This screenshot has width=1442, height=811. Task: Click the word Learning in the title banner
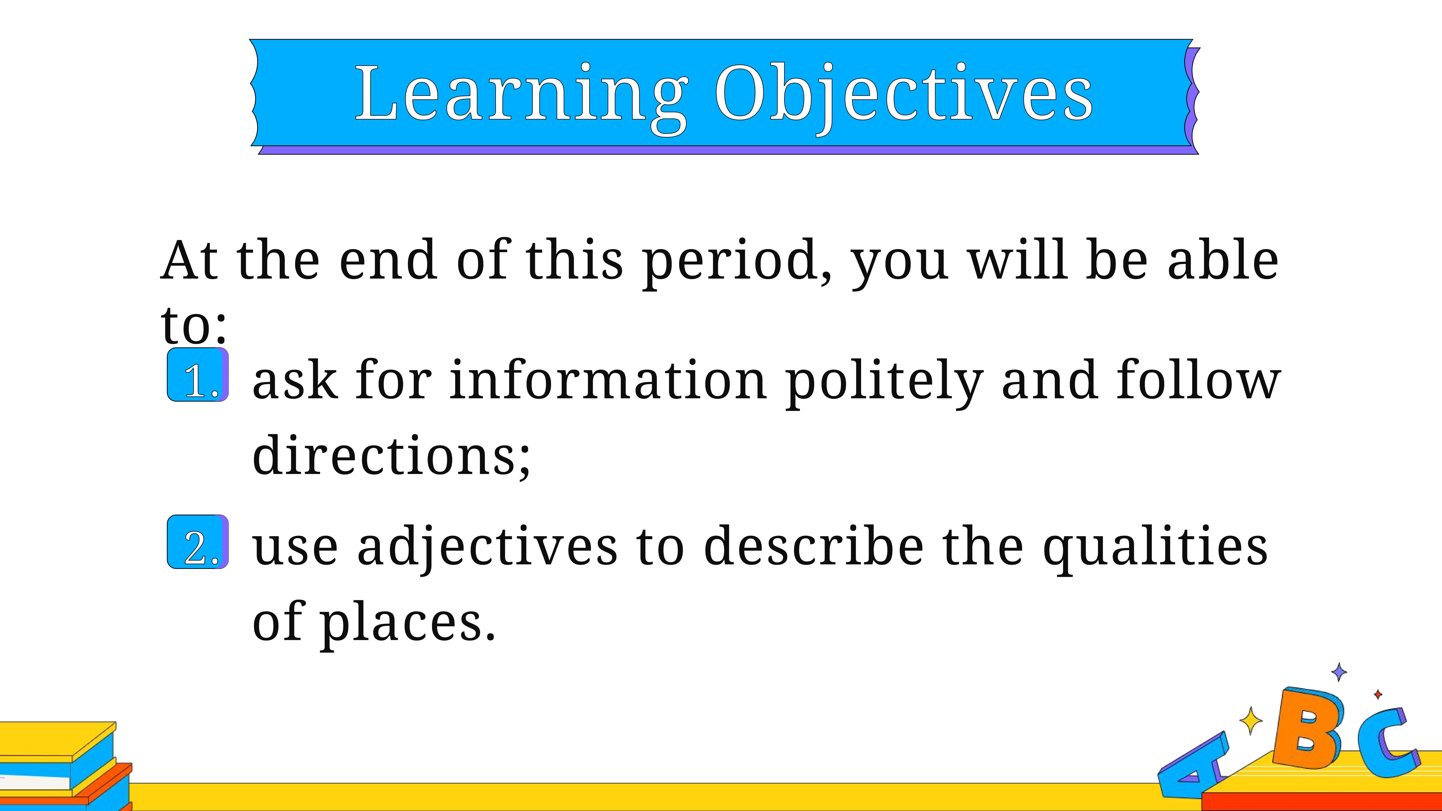[522, 96]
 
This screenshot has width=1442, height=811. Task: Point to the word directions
[391, 455]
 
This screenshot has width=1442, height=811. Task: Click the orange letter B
[1306, 728]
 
